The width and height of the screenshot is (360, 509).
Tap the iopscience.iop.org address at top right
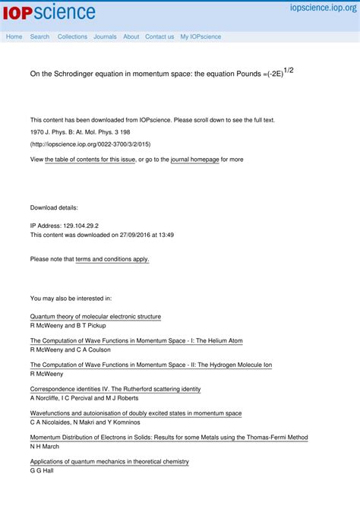tap(323, 8)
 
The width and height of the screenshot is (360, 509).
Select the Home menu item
tap(14, 36)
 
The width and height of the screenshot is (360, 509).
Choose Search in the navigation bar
tap(39, 36)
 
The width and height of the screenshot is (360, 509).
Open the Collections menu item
tap(72, 36)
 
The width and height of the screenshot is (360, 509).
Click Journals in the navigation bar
tap(105, 36)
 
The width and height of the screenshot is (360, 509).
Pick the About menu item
tap(131, 36)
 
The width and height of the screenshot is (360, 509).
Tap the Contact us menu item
tap(159, 36)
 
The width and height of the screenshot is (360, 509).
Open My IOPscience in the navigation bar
tap(201, 36)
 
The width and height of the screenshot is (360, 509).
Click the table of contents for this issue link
tap(90, 160)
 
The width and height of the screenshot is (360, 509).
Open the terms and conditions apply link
tap(112, 259)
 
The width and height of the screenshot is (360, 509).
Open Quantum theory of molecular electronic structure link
tap(96, 316)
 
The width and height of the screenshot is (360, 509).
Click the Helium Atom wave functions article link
tap(137, 340)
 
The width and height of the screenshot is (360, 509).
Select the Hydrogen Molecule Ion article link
tap(151, 365)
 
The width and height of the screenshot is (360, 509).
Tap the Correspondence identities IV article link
tap(115, 389)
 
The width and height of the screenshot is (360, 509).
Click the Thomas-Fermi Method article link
tap(169, 438)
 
